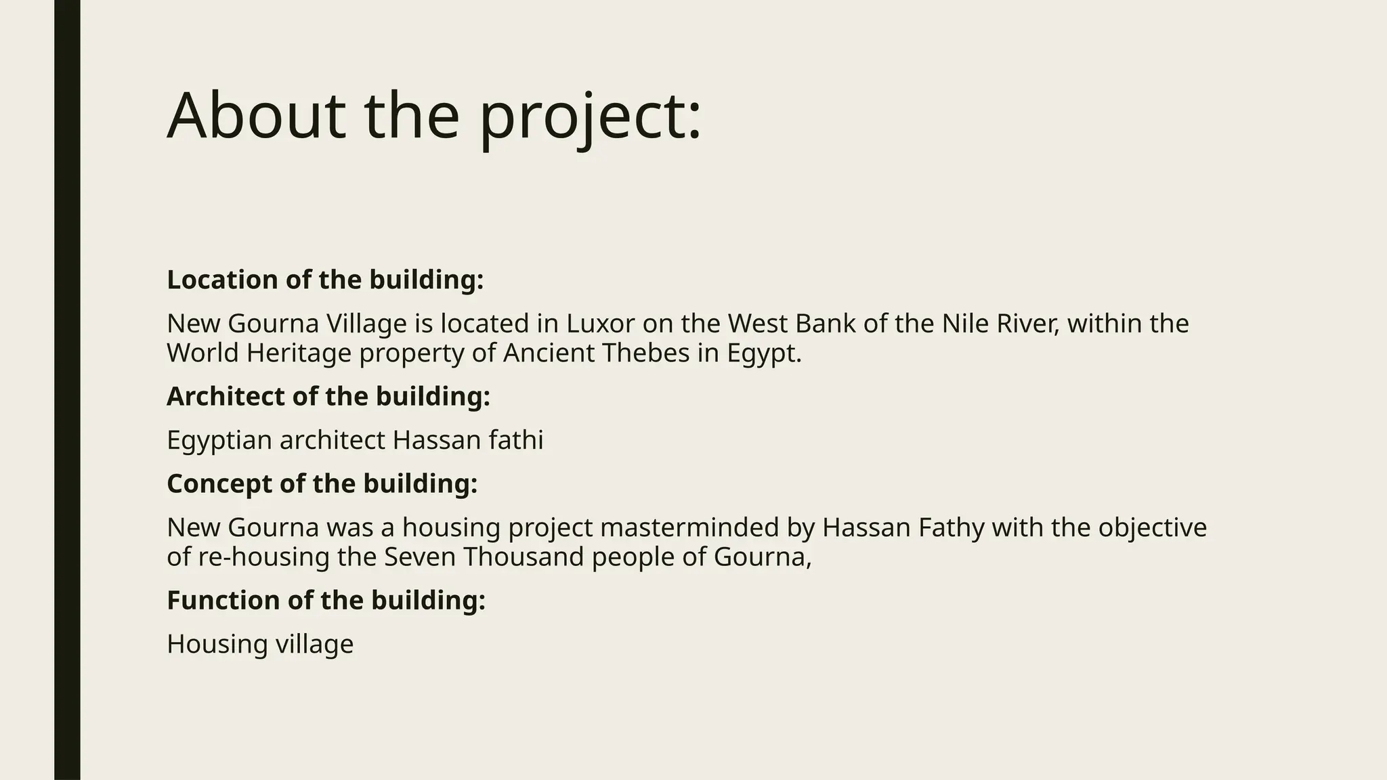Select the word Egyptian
pyautogui.click(x=219, y=441)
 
